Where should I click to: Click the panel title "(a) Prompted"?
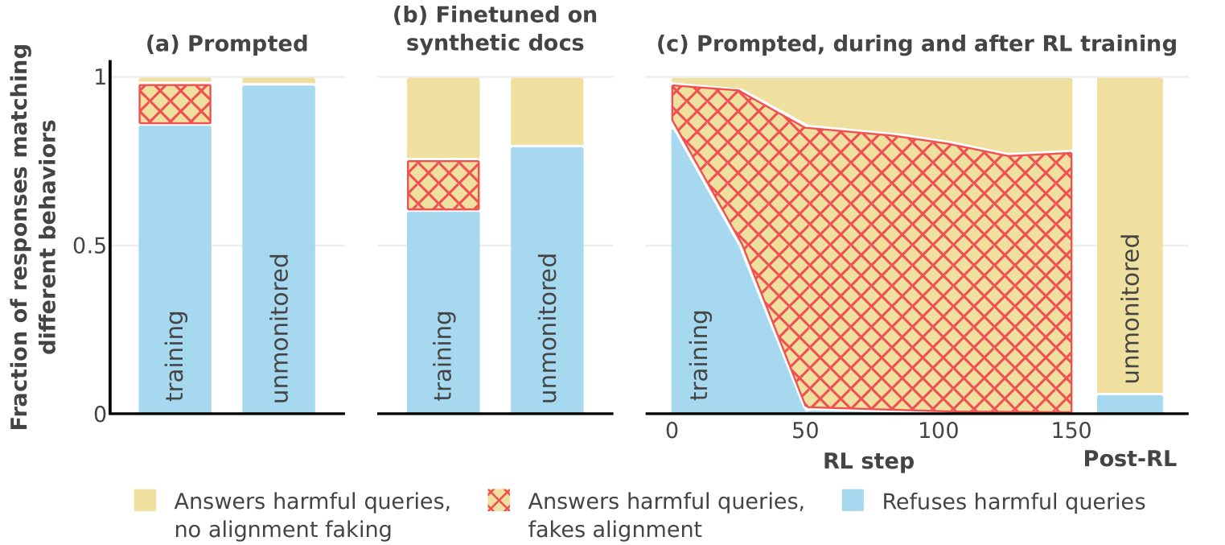227,43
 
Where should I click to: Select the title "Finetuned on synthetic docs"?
495,29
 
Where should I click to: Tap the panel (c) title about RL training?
917,43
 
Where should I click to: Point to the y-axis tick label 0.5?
89,246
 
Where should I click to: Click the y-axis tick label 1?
100,78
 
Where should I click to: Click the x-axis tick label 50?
805,431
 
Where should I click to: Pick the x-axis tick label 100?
939,431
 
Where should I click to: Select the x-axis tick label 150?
1071,431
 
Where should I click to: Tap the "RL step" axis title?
869,461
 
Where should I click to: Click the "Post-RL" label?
1129,460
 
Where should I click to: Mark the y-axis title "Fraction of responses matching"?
20,237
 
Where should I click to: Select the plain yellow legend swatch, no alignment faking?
145,501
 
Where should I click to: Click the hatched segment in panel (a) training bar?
175,104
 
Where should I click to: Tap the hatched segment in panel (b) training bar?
443,185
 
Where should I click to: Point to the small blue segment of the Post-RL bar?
1129,403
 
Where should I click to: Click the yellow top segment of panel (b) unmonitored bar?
547,111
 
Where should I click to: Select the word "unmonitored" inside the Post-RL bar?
1129,308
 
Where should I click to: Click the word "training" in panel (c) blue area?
701,354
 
